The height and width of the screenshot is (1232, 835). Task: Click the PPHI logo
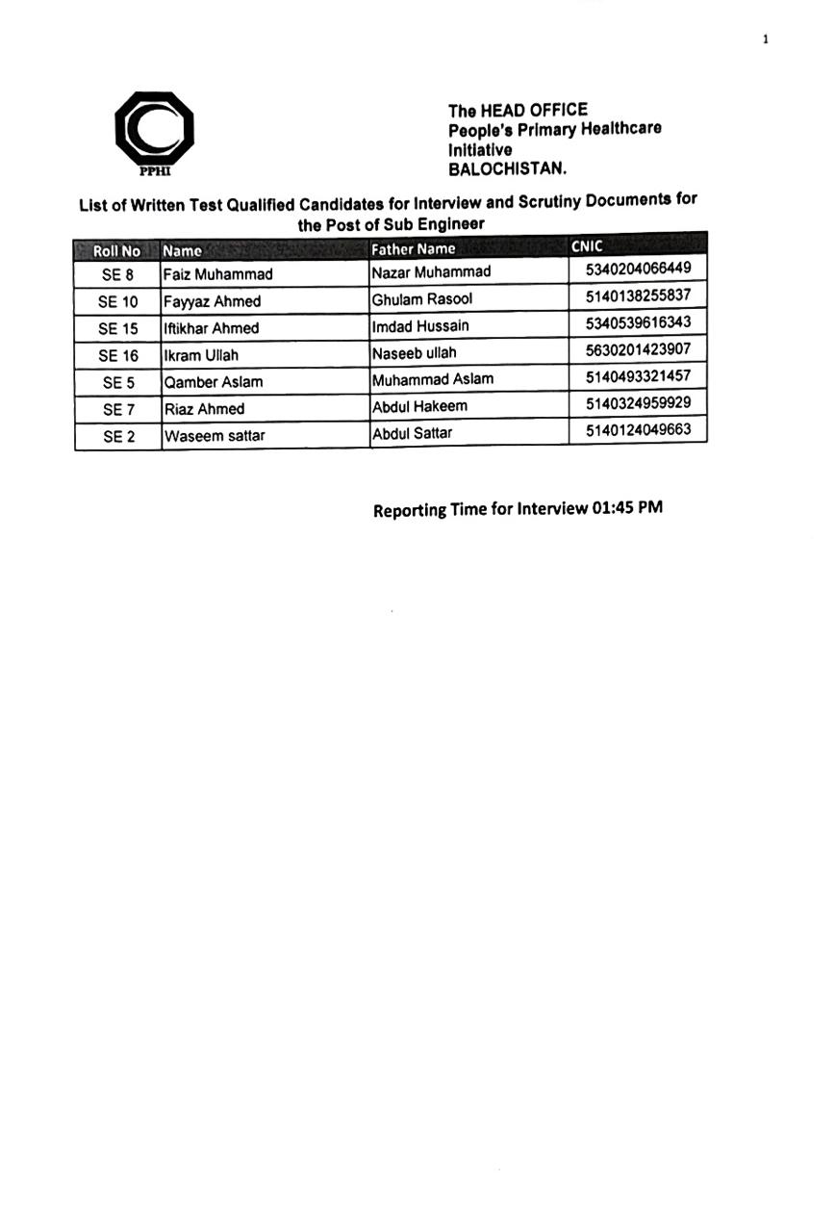pyautogui.click(x=154, y=132)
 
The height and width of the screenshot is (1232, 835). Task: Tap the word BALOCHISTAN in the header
pyautogui.click(x=507, y=167)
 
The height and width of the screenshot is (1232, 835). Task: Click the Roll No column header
pyautogui.click(x=116, y=251)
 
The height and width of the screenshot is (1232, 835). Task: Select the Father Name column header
pyautogui.click(x=414, y=249)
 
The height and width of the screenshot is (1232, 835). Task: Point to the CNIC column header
pyautogui.click(x=587, y=246)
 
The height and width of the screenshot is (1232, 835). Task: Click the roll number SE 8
pyautogui.click(x=117, y=275)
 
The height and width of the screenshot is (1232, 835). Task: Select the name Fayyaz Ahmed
pyautogui.click(x=212, y=301)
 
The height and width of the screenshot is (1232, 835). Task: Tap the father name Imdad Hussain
pyautogui.click(x=420, y=325)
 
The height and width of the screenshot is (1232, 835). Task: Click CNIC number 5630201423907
pyautogui.click(x=638, y=349)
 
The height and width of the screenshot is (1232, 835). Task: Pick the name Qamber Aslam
pyautogui.click(x=214, y=382)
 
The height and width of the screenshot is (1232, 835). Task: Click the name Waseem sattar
pyautogui.click(x=215, y=436)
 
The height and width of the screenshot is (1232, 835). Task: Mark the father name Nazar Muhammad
pyautogui.click(x=431, y=272)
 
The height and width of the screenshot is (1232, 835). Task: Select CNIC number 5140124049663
pyautogui.click(x=638, y=429)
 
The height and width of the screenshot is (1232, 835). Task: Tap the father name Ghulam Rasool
pyautogui.click(x=422, y=298)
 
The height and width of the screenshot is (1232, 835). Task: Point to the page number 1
pyautogui.click(x=765, y=39)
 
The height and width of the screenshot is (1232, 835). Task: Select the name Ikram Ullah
pyautogui.click(x=201, y=355)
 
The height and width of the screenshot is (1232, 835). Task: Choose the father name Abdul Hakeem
pyautogui.click(x=419, y=406)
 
